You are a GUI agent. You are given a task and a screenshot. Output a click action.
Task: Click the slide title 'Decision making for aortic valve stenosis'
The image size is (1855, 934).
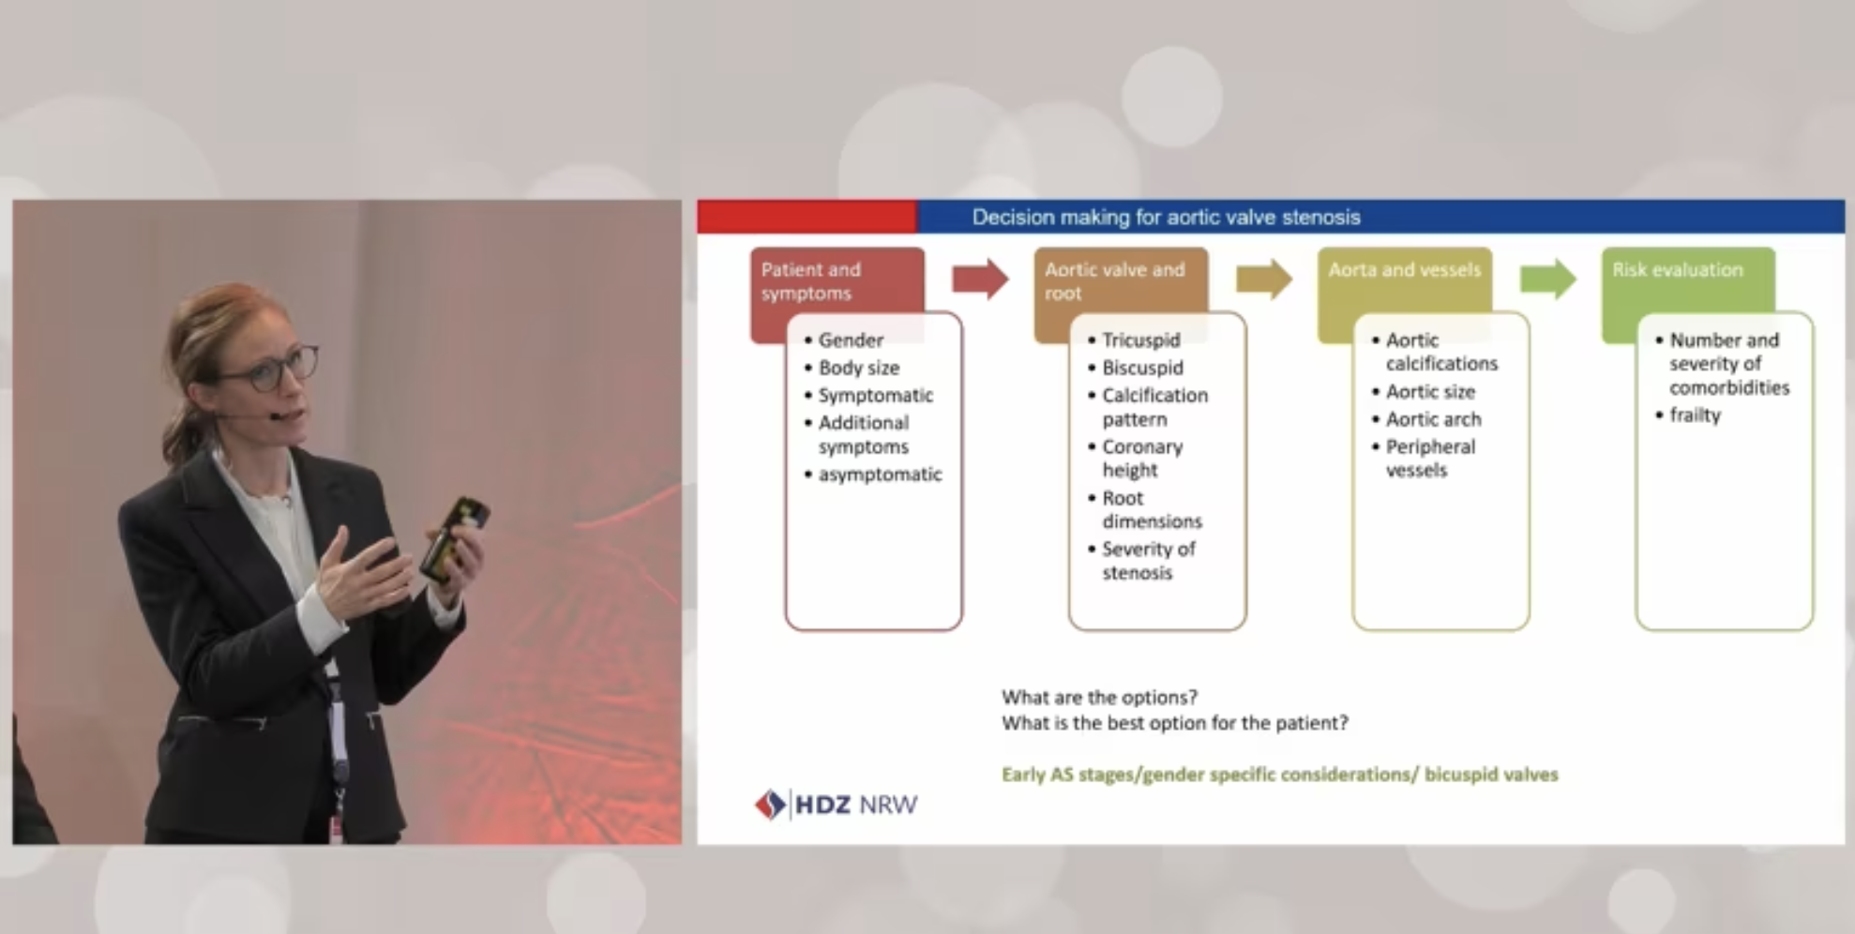point(1166,218)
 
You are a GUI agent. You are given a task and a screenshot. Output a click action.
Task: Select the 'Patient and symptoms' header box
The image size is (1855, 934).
point(837,280)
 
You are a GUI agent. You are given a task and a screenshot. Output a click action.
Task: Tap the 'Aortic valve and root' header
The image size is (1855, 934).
point(1120,280)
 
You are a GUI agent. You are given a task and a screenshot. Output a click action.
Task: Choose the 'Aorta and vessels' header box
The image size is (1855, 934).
point(1404,280)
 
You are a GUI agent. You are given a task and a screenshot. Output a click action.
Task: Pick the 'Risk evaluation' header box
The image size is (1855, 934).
point(1688,280)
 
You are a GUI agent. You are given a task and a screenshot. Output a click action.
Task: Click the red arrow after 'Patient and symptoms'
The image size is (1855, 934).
point(980,279)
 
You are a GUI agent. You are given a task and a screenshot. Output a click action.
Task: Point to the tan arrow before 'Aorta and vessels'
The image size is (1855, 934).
point(1264,279)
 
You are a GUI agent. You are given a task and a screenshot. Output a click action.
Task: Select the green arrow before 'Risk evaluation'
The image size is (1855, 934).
point(1548,279)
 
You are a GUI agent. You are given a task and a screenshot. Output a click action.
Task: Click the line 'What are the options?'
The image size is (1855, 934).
point(1099,698)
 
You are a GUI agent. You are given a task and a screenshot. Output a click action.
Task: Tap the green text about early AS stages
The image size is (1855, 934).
point(1280,775)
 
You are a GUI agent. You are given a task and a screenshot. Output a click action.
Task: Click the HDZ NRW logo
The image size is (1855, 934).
point(836,805)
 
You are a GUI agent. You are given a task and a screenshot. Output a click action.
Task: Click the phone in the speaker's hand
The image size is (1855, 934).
point(453,538)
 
